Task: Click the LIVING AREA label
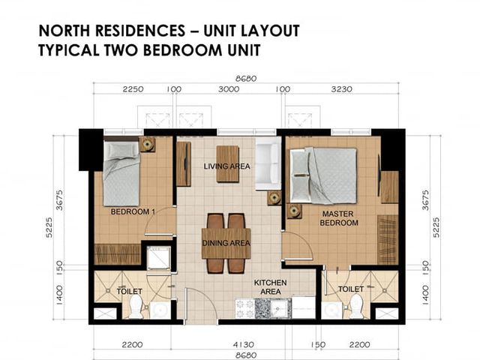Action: pos(226,166)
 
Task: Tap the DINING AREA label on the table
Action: pos(226,243)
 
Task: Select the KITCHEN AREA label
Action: pos(270,286)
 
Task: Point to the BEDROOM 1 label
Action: pos(133,211)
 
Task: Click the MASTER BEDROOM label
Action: pos(338,218)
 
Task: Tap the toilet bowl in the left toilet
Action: pos(136,307)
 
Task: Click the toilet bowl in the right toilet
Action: pos(356,307)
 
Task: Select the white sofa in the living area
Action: pos(268,163)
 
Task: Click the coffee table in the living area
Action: pos(227,163)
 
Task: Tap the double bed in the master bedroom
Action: pos(323,175)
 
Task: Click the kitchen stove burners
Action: pos(245,308)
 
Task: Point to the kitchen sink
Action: pos(280,308)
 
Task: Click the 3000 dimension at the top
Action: pos(229,89)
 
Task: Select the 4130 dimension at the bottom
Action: pos(243,345)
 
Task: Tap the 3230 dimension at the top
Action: pos(342,89)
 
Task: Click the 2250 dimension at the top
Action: pos(133,89)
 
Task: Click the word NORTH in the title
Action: pos(64,31)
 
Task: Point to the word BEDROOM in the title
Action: pos(182,50)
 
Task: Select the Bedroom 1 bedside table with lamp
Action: pos(147,144)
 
